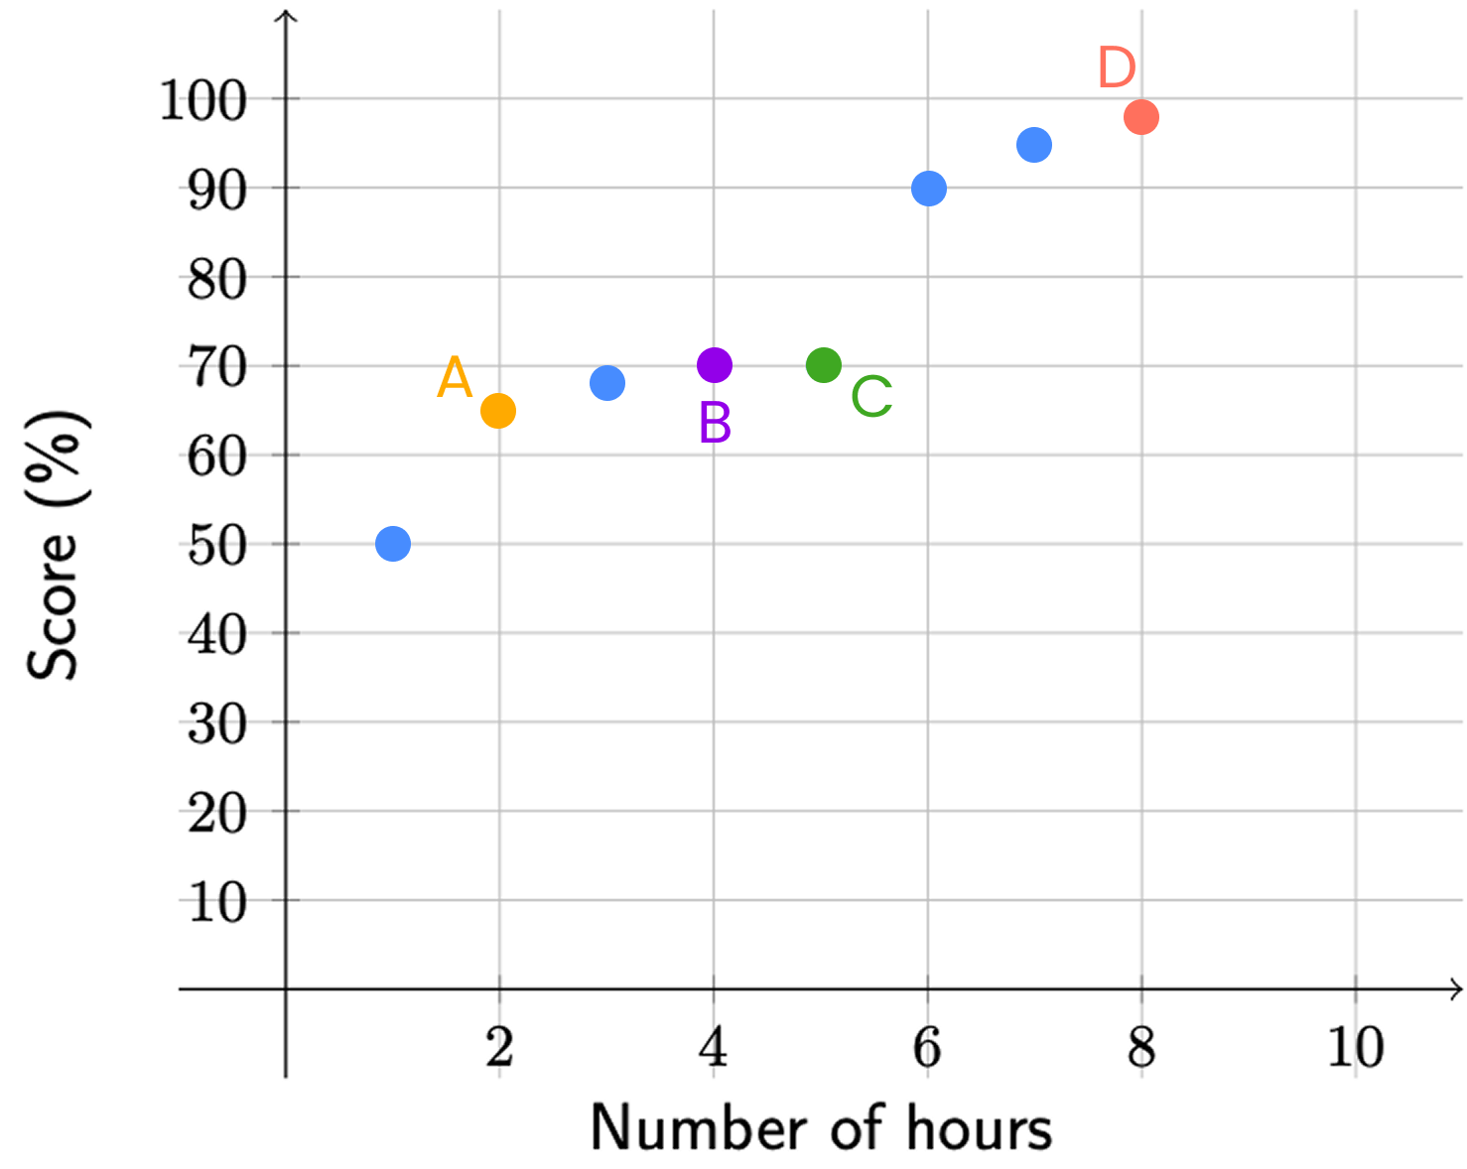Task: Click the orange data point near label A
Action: [x=498, y=411]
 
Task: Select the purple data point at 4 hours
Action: [x=715, y=365]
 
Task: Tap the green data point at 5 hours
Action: [x=824, y=365]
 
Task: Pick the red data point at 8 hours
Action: [x=1141, y=117]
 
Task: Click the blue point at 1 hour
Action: [x=393, y=544]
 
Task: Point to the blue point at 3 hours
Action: [x=607, y=383]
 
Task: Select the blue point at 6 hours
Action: [x=929, y=189]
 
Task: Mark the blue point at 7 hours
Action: [x=1034, y=146]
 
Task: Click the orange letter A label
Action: [x=455, y=378]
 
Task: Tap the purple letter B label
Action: [x=715, y=424]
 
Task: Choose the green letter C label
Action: [x=871, y=398]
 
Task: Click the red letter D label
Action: [x=1117, y=68]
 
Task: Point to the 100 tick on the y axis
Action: [x=203, y=100]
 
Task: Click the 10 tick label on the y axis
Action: [x=217, y=903]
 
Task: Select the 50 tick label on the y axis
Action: [x=217, y=546]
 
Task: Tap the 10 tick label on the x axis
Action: [x=1356, y=1048]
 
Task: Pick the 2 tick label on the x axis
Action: [x=499, y=1048]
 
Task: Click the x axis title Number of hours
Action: [x=821, y=1128]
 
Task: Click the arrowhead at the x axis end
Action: [x=1456, y=988]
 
